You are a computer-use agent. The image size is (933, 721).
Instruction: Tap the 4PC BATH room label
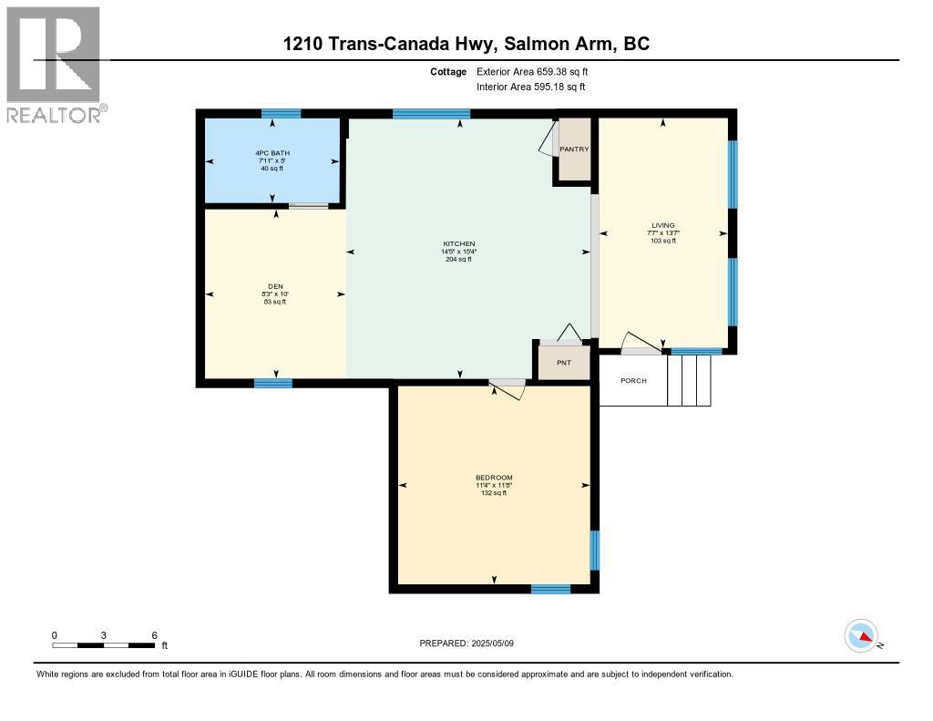(x=273, y=153)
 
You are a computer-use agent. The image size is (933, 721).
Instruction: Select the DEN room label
(x=275, y=286)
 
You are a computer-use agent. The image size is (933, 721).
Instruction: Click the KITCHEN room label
(x=459, y=244)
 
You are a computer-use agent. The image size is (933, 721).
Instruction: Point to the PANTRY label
(x=574, y=149)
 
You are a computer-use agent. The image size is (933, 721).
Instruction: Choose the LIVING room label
(x=662, y=225)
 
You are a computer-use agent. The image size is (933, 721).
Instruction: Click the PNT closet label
(x=564, y=362)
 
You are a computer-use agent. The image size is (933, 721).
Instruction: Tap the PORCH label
(x=633, y=380)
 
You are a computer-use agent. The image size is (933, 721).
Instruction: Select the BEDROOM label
(x=494, y=478)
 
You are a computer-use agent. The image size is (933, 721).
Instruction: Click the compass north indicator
(x=861, y=635)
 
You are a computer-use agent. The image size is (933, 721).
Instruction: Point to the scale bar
(x=103, y=645)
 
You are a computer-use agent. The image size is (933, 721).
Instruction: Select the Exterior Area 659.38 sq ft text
(x=538, y=71)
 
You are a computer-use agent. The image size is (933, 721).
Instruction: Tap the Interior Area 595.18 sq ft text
(x=530, y=87)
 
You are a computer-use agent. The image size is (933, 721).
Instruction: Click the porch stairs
(x=689, y=380)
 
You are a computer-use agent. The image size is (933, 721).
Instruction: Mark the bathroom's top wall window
(x=281, y=114)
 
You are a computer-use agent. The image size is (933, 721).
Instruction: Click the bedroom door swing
(x=508, y=389)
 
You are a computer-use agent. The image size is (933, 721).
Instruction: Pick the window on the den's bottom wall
(x=272, y=383)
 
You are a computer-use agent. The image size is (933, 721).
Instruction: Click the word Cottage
(x=448, y=71)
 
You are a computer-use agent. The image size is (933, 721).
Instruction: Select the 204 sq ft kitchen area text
(x=459, y=260)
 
